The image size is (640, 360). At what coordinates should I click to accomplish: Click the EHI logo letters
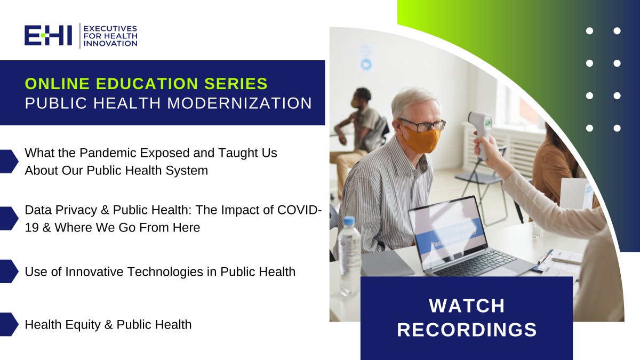click(x=48, y=35)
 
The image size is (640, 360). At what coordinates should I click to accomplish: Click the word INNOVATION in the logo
click(x=110, y=43)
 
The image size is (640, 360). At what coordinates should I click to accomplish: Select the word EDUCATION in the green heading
click(x=147, y=83)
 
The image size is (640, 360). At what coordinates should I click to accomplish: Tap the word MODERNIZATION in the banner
click(x=239, y=103)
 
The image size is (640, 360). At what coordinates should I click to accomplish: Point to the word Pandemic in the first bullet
click(x=108, y=153)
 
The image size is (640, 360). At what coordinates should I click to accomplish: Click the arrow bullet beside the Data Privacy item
click(x=9, y=218)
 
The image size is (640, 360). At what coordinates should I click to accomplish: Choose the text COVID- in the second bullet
click(x=299, y=210)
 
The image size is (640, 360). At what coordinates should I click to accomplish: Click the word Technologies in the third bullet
click(x=165, y=271)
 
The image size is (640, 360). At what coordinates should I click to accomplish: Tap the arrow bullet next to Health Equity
click(x=9, y=324)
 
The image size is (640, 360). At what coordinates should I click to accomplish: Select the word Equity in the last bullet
click(x=82, y=325)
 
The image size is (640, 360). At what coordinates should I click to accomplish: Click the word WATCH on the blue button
click(x=467, y=306)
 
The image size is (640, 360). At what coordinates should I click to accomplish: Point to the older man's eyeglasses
click(x=423, y=125)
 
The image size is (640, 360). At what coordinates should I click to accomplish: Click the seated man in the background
click(x=358, y=129)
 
